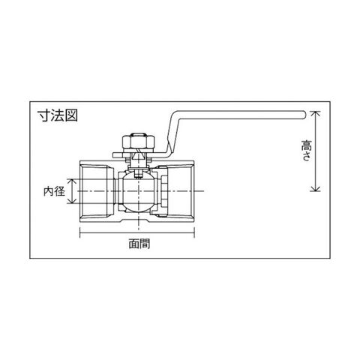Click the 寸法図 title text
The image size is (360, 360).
[x=58, y=115]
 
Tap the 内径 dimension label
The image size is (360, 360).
[x=54, y=191]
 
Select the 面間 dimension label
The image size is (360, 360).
[x=139, y=244]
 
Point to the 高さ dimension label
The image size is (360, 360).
[x=307, y=151]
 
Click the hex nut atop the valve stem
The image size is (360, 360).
[x=139, y=142]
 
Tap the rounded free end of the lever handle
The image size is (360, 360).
[x=303, y=114]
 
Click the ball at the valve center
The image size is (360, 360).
[x=139, y=191]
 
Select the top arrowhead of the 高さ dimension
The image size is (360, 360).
[x=315, y=114]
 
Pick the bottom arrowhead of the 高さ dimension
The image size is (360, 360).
[x=315, y=188]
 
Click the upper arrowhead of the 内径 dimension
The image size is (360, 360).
[x=72, y=182]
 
